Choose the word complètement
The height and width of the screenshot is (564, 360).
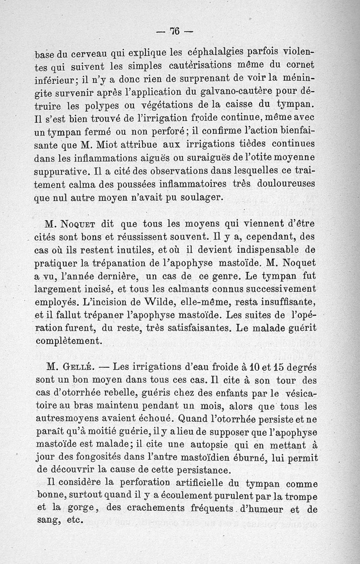tap(68, 340)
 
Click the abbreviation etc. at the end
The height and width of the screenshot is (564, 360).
tap(72, 522)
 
